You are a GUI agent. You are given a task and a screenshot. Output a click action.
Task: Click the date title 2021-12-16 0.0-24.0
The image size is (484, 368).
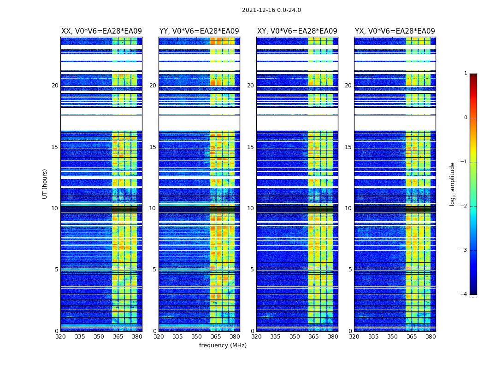[271, 10]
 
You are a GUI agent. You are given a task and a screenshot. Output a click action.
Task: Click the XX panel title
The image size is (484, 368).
[101, 31]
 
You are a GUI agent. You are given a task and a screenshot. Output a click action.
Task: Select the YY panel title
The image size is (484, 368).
[199, 31]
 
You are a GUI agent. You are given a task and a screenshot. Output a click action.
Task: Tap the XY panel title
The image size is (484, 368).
[297, 31]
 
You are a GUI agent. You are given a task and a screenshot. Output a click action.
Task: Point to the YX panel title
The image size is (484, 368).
[395, 31]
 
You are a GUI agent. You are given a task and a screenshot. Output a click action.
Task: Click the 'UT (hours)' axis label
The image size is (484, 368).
[45, 184]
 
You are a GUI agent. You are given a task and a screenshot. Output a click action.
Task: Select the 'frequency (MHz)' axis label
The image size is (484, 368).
[223, 345]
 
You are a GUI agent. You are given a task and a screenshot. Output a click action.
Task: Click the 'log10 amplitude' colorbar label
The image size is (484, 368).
[453, 184]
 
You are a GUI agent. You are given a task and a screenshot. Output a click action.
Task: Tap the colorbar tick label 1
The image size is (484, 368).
[465, 74]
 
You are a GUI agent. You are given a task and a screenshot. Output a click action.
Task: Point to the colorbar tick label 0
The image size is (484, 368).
[465, 118]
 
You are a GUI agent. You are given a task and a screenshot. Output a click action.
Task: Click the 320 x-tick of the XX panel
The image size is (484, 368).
[61, 337]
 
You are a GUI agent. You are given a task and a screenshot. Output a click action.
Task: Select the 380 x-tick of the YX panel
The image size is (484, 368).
[431, 337]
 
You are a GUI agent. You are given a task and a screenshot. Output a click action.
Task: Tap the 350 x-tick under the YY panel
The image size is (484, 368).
[197, 337]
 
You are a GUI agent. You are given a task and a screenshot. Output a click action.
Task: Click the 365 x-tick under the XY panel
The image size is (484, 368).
[313, 337]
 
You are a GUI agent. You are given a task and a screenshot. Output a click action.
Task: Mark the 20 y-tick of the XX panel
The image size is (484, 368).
[55, 86]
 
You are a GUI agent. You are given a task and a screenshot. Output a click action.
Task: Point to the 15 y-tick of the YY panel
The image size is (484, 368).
[153, 147]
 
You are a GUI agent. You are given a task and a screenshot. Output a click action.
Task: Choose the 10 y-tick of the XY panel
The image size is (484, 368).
[250, 208]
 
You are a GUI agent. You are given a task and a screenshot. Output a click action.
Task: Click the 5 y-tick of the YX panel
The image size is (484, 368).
[350, 270]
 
